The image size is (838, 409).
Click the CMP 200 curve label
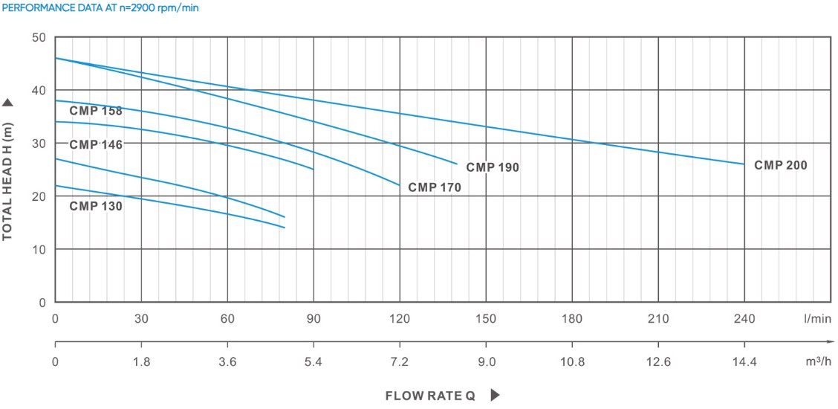(x=780, y=165)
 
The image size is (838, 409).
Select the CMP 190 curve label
(x=493, y=167)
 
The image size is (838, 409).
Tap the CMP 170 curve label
(x=435, y=187)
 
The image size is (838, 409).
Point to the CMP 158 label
(x=96, y=111)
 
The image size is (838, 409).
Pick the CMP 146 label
(x=96, y=144)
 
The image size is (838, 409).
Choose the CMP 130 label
(x=96, y=206)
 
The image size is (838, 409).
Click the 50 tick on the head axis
(x=39, y=37)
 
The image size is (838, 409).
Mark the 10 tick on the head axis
(x=39, y=249)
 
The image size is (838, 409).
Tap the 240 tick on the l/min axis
(x=744, y=319)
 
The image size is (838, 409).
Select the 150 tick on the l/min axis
(x=486, y=319)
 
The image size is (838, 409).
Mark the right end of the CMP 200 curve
(x=744, y=164)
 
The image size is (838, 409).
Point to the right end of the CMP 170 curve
(x=400, y=185)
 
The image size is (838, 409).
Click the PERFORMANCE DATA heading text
(x=101, y=8)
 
